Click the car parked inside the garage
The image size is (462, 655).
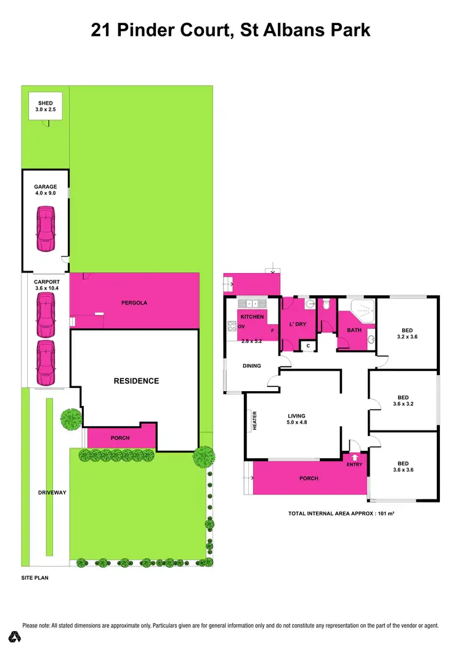coord(45,229)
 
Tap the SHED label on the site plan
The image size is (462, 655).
coord(46,103)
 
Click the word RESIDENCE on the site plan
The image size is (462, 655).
coord(136,381)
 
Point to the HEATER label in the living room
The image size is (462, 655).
coord(254,421)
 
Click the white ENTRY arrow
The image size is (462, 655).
coord(354,457)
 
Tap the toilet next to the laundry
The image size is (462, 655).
coord(326,303)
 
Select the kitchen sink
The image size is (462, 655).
coord(252,304)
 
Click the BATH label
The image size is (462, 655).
coord(354,330)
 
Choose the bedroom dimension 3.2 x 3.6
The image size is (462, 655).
coord(406,337)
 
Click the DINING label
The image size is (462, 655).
coord(251,366)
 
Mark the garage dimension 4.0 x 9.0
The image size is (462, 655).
coord(46,193)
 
